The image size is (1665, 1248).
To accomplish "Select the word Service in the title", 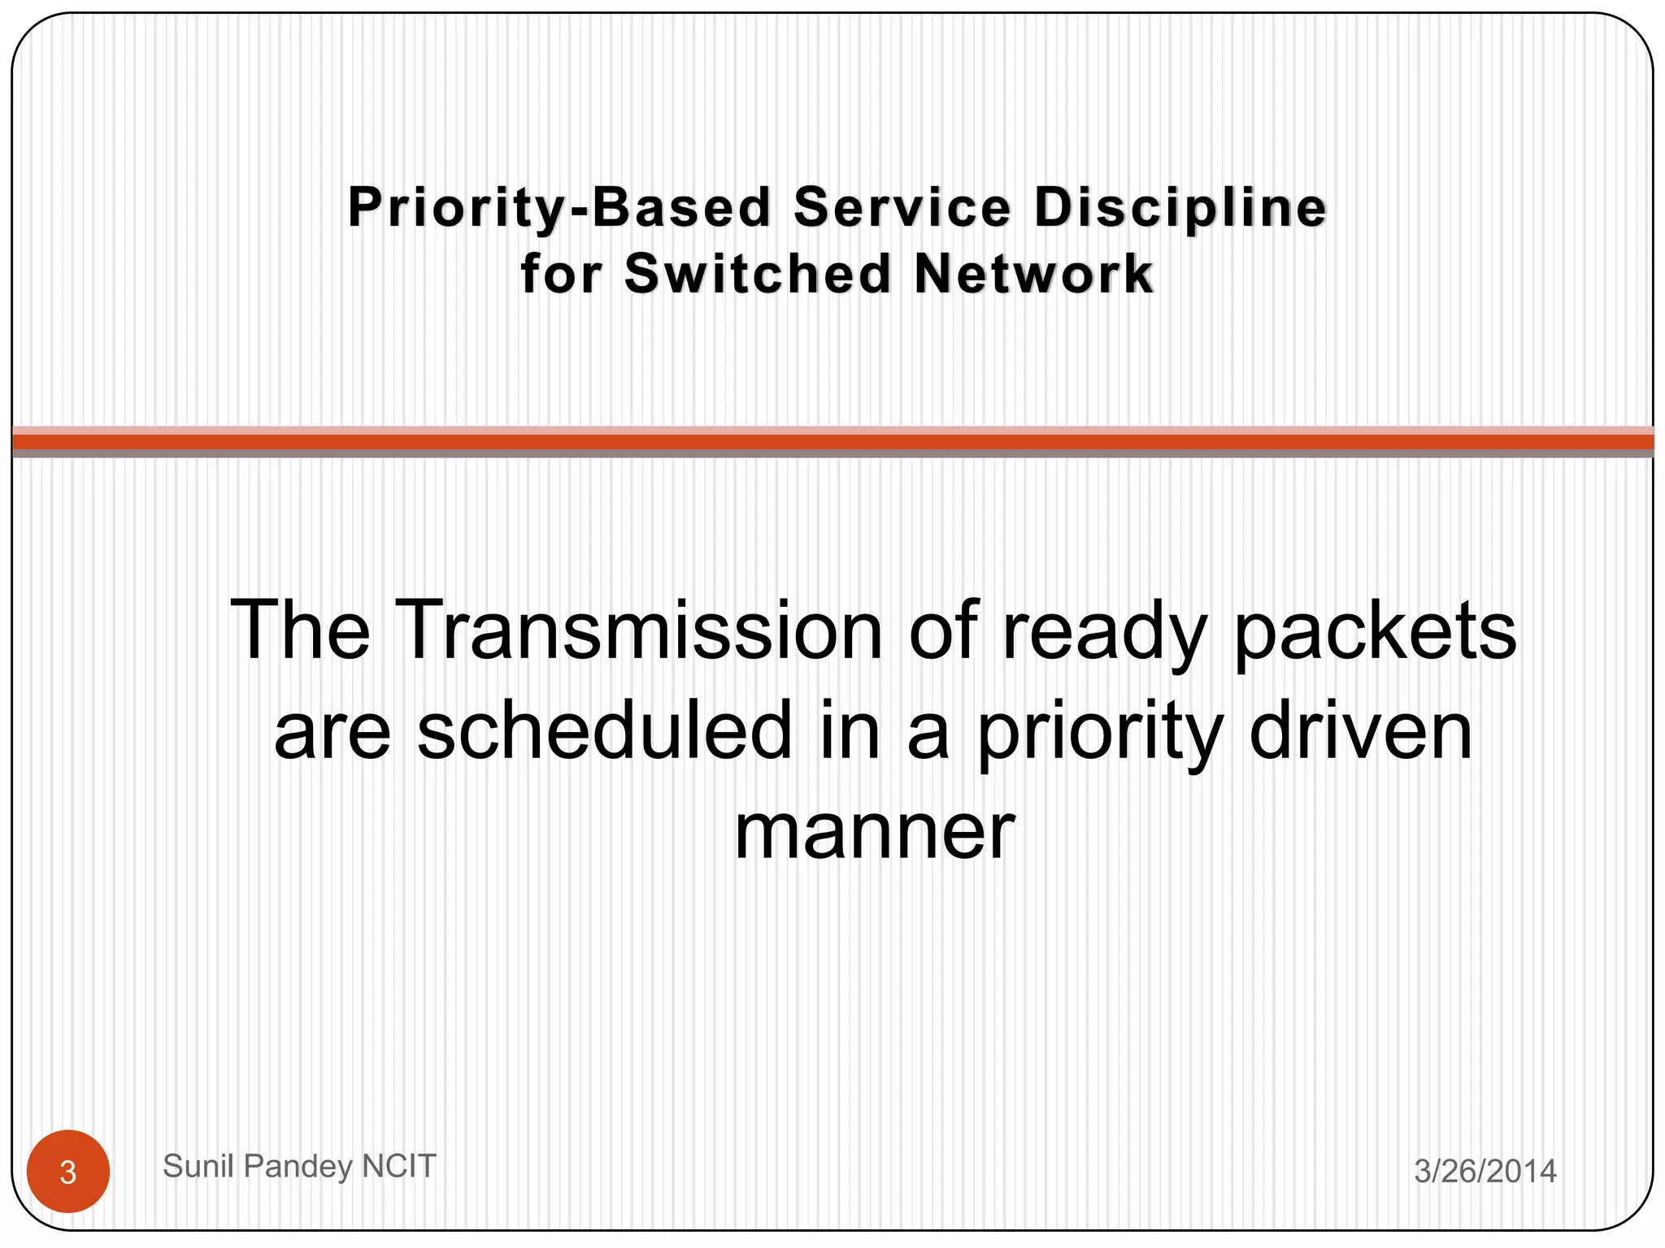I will pyautogui.click(x=902, y=207).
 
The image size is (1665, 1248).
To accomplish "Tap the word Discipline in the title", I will pyautogui.click(x=1180, y=207).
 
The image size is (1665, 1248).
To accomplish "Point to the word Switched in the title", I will pyautogui.click(x=759, y=274).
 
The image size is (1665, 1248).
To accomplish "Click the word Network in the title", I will pyautogui.click(x=1033, y=274).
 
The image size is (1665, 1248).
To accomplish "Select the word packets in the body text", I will pyautogui.click(x=1374, y=631).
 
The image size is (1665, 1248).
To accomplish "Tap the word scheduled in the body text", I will pyautogui.click(x=604, y=730).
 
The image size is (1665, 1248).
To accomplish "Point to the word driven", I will pyautogui.click(x=1360, y=730).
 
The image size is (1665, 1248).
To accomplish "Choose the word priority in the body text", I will pyautogui.click(x=1099, y=730).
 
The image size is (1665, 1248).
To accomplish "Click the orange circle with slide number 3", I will pyautogui.click(x=68, y=1172).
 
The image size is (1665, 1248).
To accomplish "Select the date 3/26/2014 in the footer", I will pyautogui.click(x=1485, y=1172).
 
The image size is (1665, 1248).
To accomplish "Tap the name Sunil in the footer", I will pyautogui.click(x=199, y=1166).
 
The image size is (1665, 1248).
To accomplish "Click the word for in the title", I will pyautogui.click(x=561, y=274).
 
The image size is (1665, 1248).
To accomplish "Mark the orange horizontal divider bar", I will pyautogui.click(x=832, y=442).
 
